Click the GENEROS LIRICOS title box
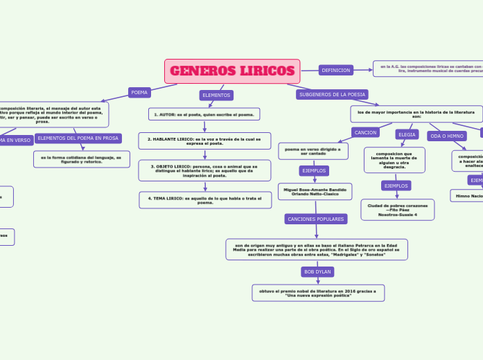coord(232,71)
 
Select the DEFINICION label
coord(335,70)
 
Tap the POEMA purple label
coord(140,92)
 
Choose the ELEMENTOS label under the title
coord(216,95)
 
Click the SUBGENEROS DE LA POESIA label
coord(332,94)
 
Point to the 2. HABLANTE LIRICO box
coord(204,141)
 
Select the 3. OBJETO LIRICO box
coord(204,170)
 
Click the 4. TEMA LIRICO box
coord(205,200)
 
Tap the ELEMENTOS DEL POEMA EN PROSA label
coord(78,138)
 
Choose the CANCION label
coord(365,132)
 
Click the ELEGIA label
coord(407,134)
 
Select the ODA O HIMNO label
coord(447,136)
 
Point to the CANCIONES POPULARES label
coord(315,219)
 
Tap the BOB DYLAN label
coord(318,271)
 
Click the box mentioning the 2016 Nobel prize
coord(318,293)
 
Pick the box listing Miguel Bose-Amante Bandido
coord(315,191)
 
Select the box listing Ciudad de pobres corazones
coord(397,210)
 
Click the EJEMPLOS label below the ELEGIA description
coord(396,186)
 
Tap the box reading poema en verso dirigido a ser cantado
coord(313,151)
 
